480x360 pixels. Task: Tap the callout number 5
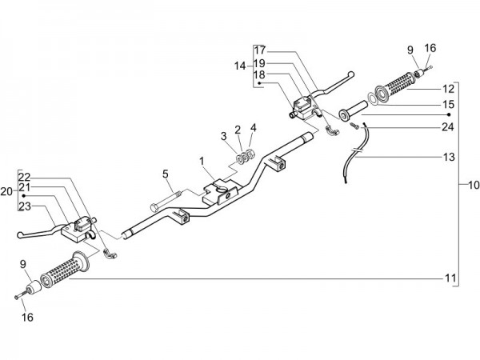[165, 173]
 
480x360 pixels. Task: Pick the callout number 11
[450, 278]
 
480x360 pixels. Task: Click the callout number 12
[448, 88]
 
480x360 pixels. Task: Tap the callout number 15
[448, 105]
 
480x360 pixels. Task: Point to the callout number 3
[225, 134]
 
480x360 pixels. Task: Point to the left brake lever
[40, 232]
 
